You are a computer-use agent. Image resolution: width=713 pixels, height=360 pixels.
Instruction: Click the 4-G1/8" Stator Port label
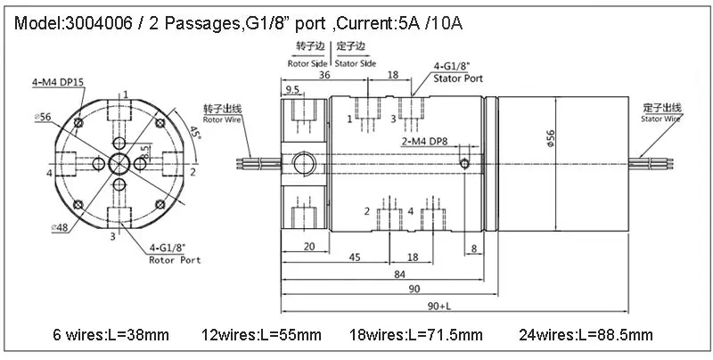pos(457,72)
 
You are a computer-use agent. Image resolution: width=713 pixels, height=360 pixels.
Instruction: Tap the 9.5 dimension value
pos(291,90)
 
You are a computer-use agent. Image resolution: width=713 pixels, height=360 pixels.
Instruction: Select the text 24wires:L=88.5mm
pos(586,336)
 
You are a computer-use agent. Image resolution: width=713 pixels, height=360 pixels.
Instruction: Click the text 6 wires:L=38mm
pos(111,336)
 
